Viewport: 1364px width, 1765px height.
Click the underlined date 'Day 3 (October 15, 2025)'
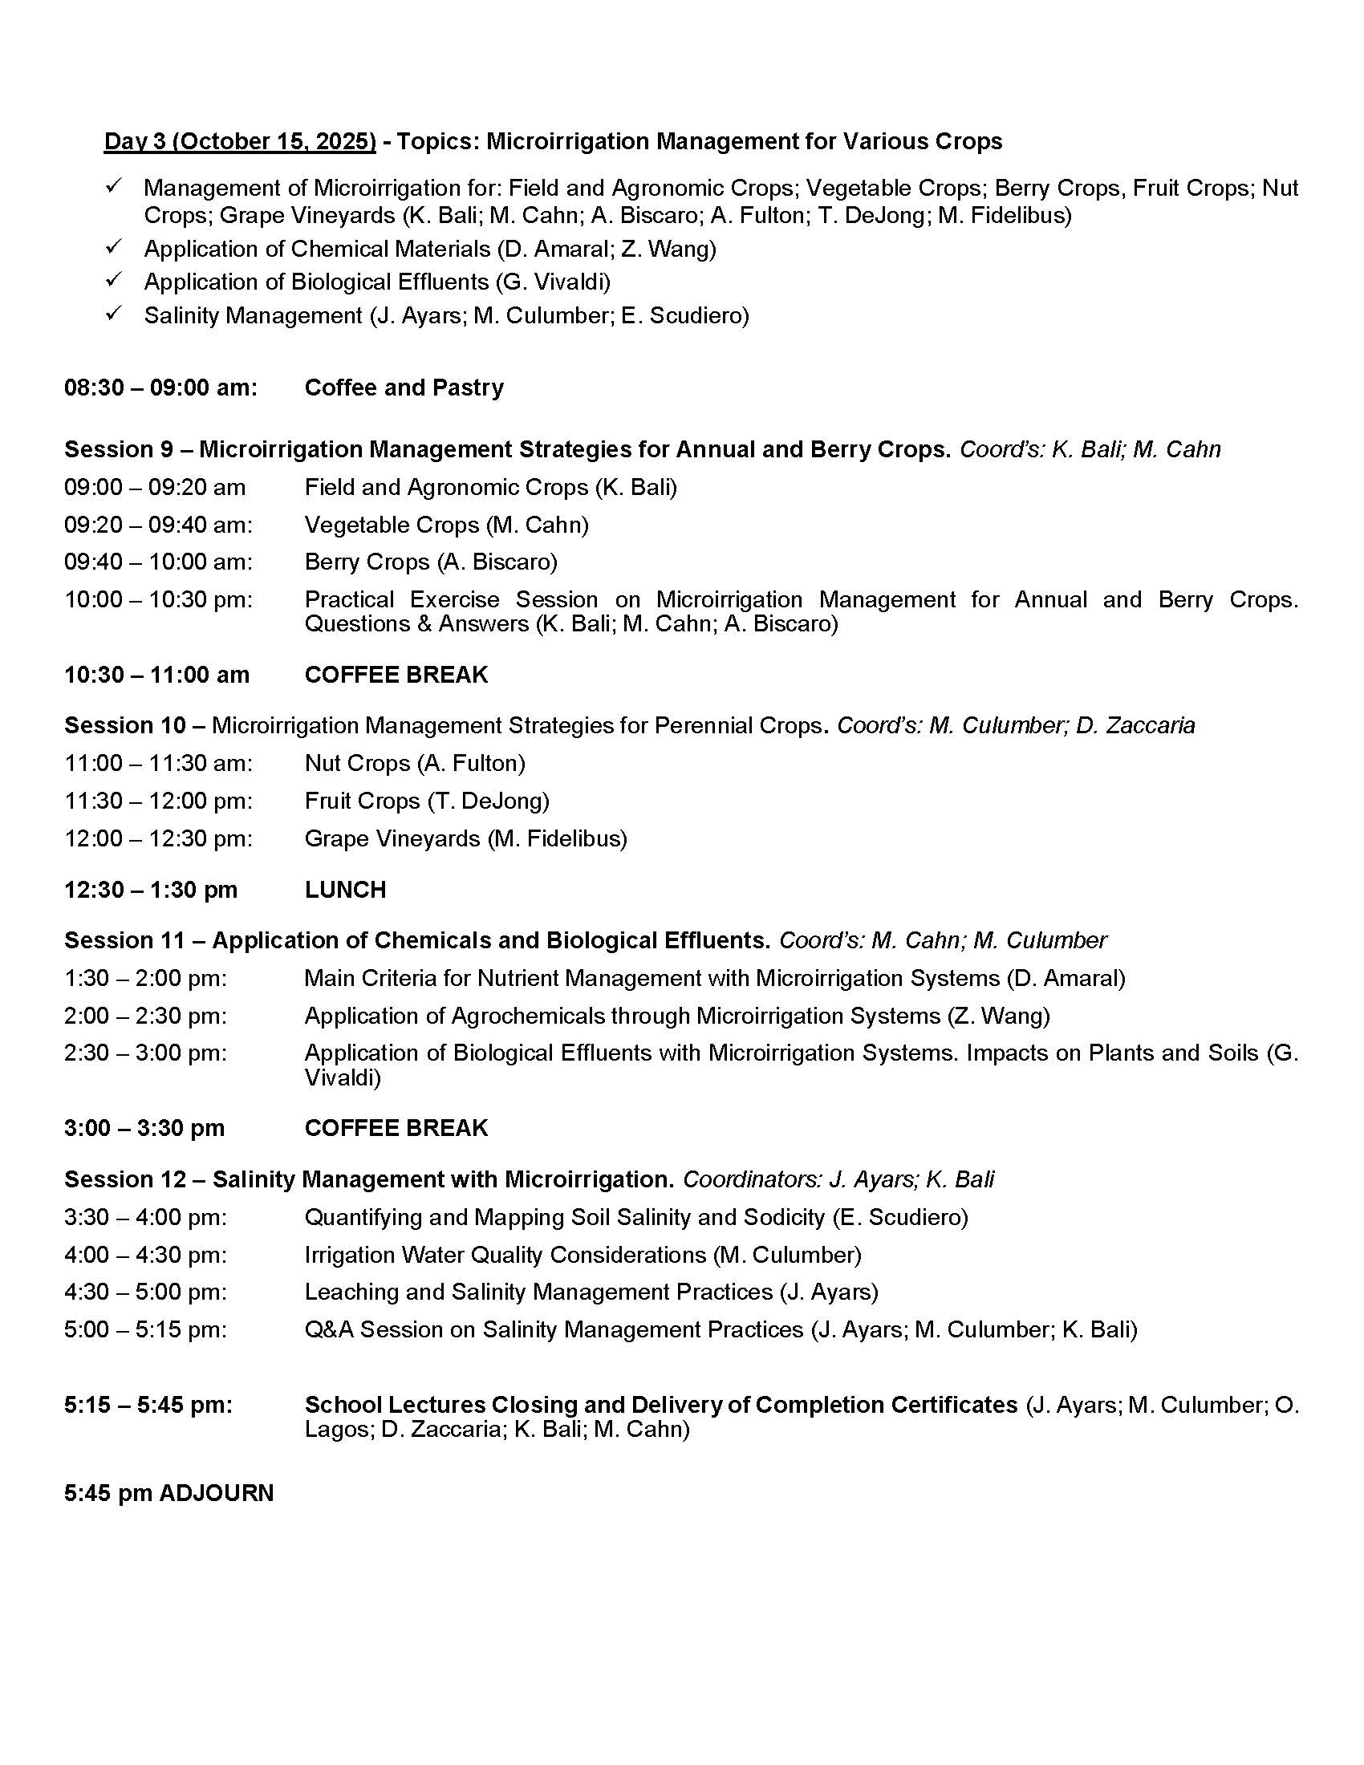tap(240, 141)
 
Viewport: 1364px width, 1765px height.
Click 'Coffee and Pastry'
tap(404, 388)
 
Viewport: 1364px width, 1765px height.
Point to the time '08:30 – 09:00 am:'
tap(160, 388)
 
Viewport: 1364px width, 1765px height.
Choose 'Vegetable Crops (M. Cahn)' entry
tap(446, 525)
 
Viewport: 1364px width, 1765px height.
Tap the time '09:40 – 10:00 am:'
tap(158, 562)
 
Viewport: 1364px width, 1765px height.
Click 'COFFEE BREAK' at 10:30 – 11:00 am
tap(396, 675)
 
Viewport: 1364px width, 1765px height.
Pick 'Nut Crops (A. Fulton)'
tap(415, 763)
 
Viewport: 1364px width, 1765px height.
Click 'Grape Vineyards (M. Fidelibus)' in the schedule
tap(465, 839)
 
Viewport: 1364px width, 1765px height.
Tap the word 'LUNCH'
tap(345, 890)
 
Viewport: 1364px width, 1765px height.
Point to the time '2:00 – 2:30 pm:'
tap(145, 1016)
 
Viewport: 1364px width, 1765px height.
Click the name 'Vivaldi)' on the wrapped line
tap(342, 1077)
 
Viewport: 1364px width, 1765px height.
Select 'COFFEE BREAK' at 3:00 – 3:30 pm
tap(396, 1128)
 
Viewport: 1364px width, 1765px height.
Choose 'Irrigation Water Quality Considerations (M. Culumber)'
tap(583, 1255)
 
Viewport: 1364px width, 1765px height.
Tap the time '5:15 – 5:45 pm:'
tap(148, 1406)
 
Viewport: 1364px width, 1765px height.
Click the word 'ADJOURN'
tap(217, 1494)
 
